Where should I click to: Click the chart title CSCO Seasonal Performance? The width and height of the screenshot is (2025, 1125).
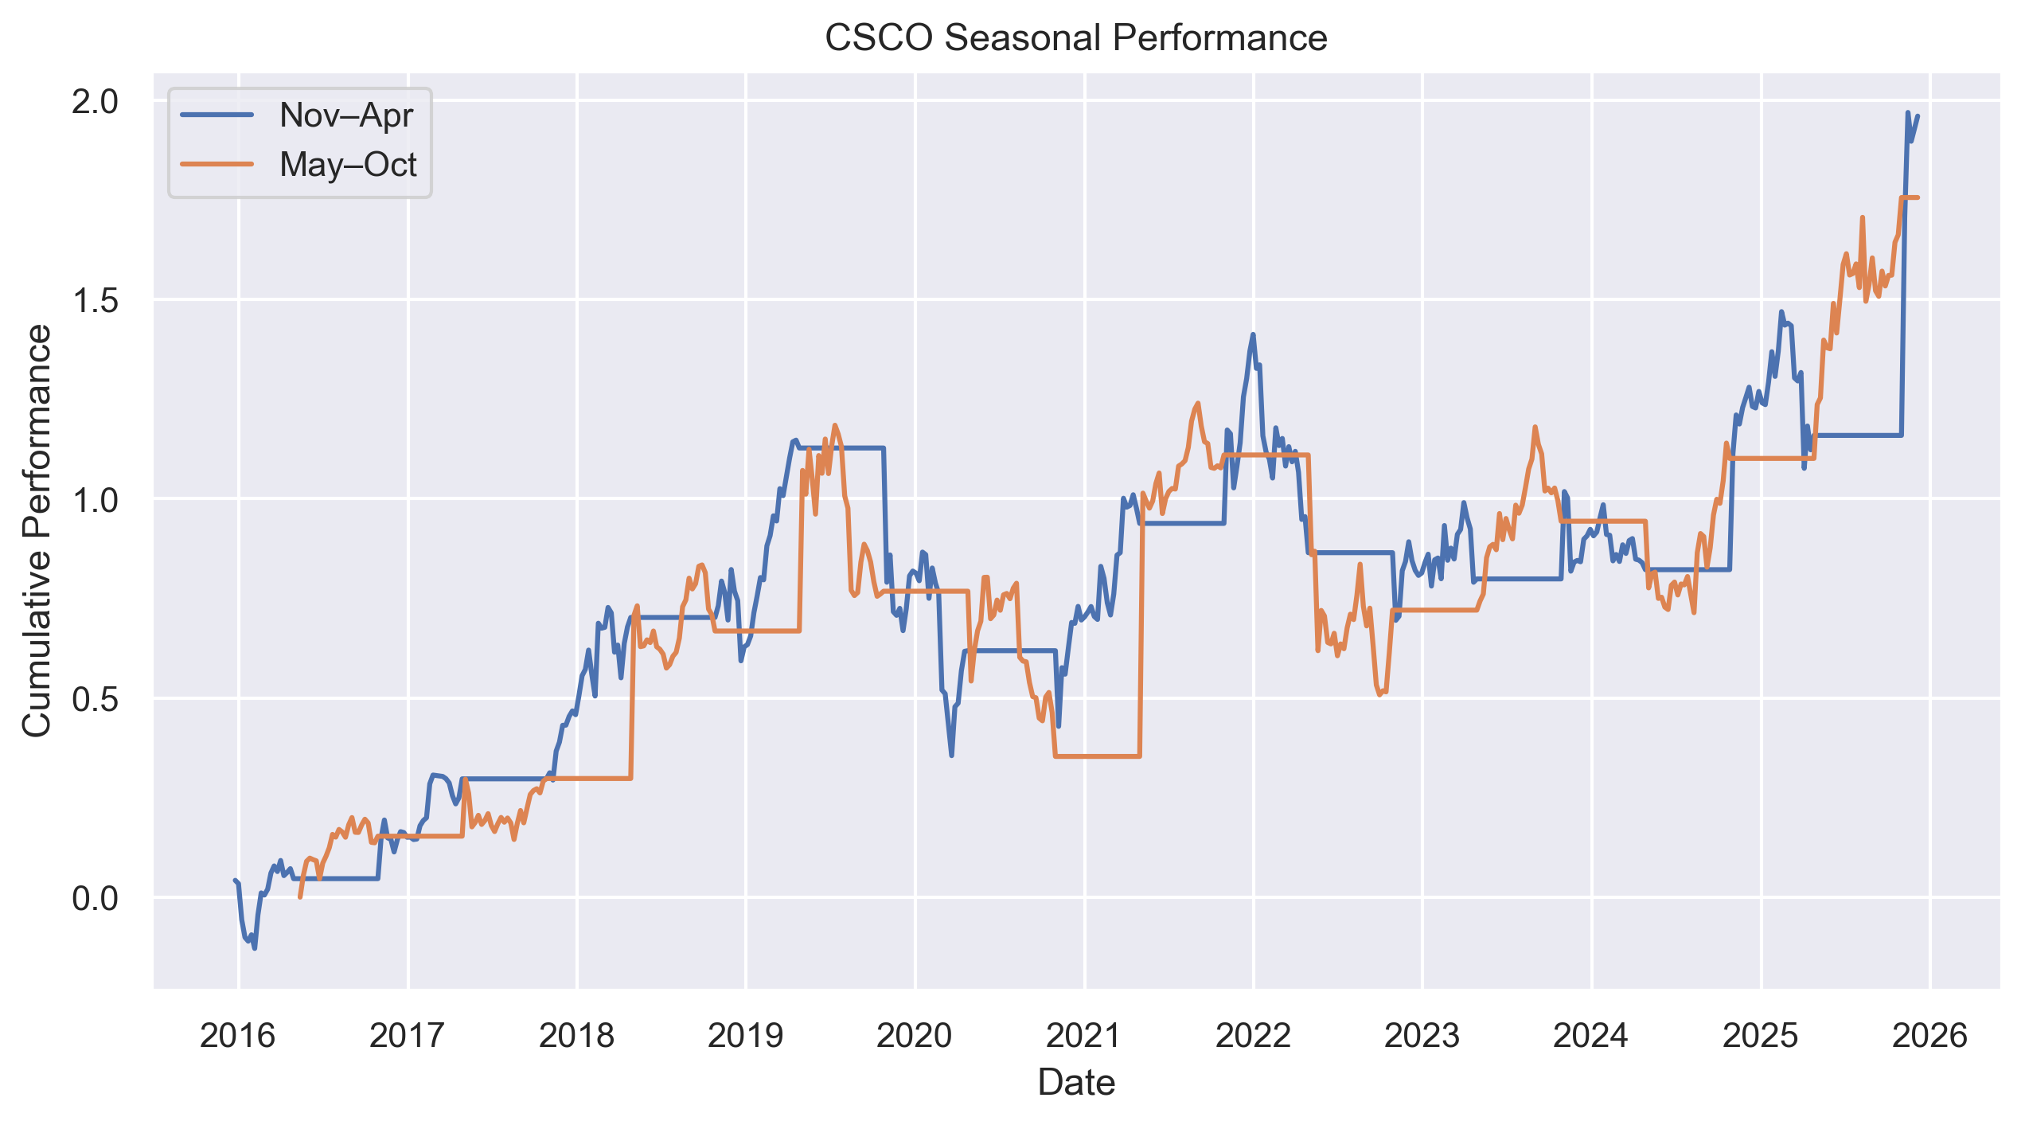pyautogui.click(x=1075, y=38)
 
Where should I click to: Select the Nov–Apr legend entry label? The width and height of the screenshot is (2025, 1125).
pyautogui.click(x=345, y=115)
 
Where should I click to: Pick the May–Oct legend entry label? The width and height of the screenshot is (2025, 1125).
pyautogui.click(x=348, y=165)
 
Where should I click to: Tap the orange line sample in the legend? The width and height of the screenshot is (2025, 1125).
pyautogui.click(x=217, y=165)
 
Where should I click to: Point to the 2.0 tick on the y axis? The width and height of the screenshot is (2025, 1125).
pyautogui.click(x=95, y=102)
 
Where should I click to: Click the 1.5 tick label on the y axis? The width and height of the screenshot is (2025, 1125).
pyautogui.click(x=95, y=301)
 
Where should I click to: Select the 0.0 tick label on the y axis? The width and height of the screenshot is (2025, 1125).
pyautogui.click(x=95, y=899)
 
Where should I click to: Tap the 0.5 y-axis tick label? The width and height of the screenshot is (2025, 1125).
pyautogui.click(x=95, y=700)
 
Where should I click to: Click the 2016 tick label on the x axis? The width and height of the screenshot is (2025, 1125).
pyautogui.click(x=237, y=1036)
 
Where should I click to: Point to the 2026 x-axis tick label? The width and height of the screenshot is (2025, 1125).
pyautogui.click(x=1929, y=1036)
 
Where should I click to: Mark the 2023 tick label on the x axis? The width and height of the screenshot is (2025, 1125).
pyautogui.click(x=1422, y=1036)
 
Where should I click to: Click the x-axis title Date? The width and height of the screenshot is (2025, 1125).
pyautogui.click(x=1075, y=1083)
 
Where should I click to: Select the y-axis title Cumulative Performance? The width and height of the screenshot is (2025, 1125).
pyautogui.click(x=37, y=531)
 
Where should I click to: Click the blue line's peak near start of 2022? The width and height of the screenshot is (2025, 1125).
pyautogui.click(x=1252, y=334)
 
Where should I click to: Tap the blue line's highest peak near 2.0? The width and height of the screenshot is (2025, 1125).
pyautogui.click(x=1907, y=113)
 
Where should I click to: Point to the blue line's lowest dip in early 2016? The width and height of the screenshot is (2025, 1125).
pyautogui.click(x=255, y=948)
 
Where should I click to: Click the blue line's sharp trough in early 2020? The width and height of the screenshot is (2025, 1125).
pyautogui.click(x=951, y=755)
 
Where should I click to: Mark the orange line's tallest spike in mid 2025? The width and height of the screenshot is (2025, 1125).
pyautogui.click(x=1862, y=217)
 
